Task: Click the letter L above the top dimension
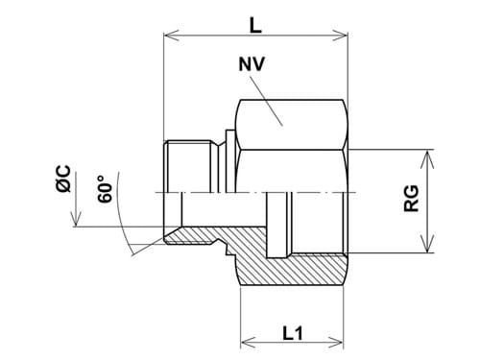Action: pos(255,19)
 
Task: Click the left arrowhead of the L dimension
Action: pos(170,36)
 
